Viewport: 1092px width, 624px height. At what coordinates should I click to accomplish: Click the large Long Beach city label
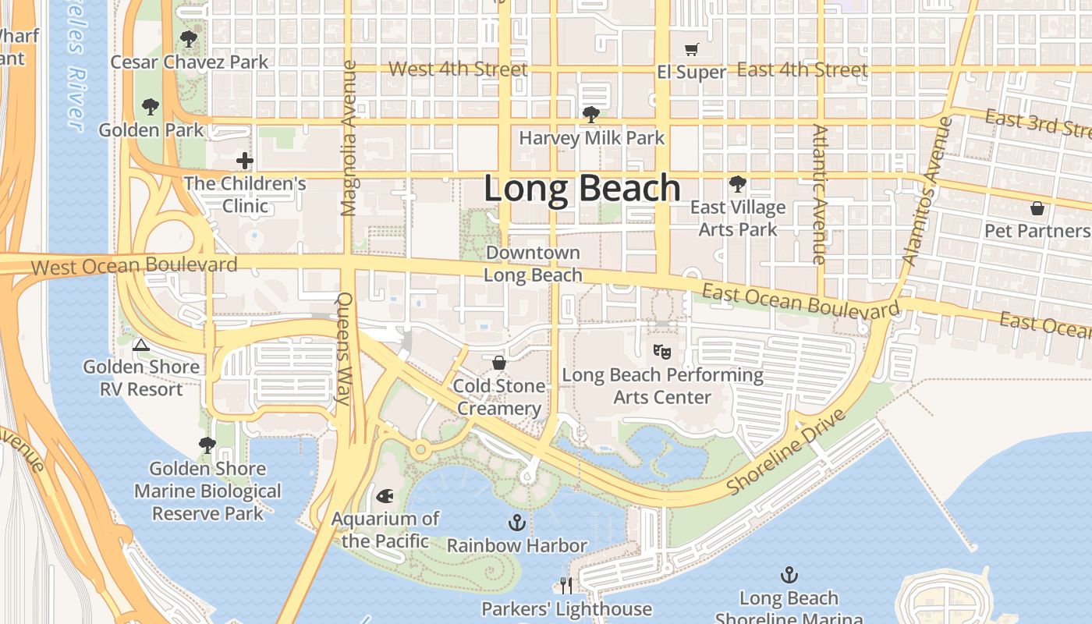[582, 189]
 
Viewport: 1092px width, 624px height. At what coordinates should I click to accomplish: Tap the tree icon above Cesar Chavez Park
[189, 38]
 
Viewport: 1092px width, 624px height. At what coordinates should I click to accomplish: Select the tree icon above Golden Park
[151, 107]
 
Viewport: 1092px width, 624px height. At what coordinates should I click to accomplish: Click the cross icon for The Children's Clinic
[245, 161]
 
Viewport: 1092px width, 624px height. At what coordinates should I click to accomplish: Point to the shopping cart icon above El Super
[691, 50]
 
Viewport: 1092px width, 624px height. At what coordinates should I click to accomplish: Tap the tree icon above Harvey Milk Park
[591, 115]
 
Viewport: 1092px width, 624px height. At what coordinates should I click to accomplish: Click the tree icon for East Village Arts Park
[737, 185]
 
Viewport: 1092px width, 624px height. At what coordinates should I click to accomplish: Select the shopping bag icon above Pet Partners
[1037, 208]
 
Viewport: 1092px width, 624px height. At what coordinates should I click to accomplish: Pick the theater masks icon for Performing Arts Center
[662, 352]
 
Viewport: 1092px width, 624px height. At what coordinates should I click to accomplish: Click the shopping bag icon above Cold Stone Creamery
[499, 363]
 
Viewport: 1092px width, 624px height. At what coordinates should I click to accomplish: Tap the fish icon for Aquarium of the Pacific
[385, 496]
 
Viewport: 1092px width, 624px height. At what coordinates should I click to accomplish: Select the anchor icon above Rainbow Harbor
[516, 523]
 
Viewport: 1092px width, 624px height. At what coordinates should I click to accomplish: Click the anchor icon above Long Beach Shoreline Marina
[789, 576]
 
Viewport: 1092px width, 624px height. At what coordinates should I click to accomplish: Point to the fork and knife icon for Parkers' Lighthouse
[566, 585]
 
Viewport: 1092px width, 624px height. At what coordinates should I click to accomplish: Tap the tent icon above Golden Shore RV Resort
[140, 345]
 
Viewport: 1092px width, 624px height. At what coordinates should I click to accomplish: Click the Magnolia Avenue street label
[349, 138]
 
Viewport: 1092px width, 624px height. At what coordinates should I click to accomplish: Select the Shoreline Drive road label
[786, 452]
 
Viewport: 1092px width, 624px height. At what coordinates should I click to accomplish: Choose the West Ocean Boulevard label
[134, 265]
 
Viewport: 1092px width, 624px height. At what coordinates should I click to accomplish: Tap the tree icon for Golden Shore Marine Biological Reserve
[207, 445]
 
